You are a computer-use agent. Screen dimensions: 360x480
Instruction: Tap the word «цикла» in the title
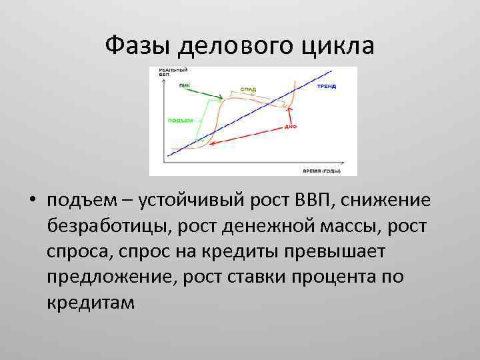[339, 45]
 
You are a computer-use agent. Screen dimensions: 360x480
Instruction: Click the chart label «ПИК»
[184, 85]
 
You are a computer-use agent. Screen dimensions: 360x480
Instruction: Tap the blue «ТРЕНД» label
[326, 87]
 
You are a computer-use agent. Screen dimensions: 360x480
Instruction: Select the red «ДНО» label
[290, 125]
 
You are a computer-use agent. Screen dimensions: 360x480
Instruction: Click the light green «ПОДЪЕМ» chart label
[180, 120]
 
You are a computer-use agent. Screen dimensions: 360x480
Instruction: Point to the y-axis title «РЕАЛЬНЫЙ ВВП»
[173, 72]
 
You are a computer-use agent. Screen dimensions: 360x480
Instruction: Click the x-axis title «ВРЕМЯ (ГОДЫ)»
[321, 171]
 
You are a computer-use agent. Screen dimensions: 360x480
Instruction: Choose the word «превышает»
[340, 252]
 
